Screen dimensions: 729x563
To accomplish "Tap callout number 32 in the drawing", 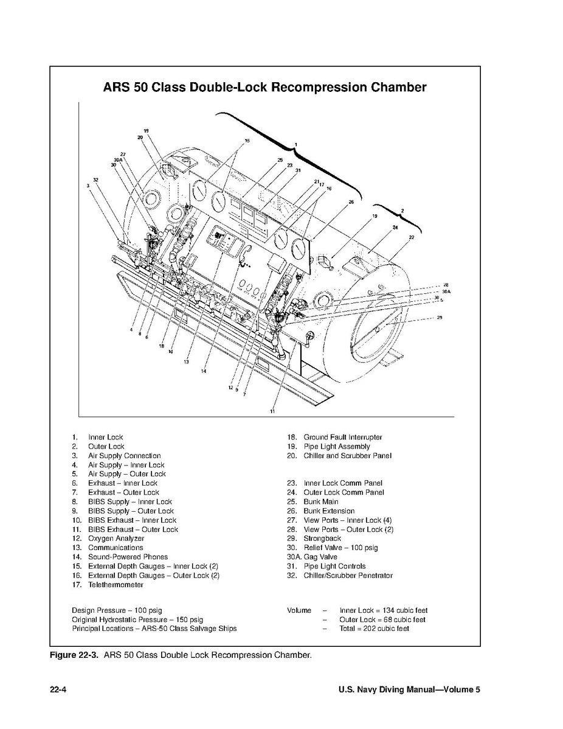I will pos(95,180).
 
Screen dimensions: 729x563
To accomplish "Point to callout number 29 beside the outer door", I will pos(439,317).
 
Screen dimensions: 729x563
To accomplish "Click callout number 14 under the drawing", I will pos(204,371).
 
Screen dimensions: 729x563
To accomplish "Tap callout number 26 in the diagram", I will pos(351,201).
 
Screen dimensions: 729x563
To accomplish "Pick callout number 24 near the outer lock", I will pos(395,228).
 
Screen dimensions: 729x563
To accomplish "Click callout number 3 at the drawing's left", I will pos(88,186).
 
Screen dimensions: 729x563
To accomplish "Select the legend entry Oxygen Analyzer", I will pos(116,539).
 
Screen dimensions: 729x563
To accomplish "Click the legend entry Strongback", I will pos(322,539).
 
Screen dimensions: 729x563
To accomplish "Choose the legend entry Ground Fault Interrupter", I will pos(343,437).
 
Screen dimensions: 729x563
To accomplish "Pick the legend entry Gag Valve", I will pos(320,557).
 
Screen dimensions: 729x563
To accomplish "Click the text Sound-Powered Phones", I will pos(128,557).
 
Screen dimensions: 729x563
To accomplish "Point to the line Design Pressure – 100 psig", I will pos(117,610).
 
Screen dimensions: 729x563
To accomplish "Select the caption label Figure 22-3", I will pos(74,656).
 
